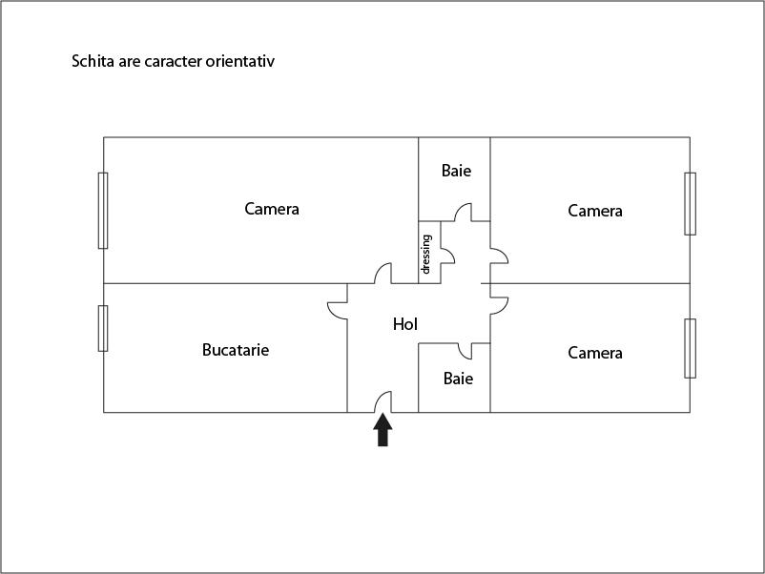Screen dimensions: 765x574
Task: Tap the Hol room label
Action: (405, 324)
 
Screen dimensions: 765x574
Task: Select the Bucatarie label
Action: (236, 350)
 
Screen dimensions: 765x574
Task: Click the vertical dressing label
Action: (426, 254)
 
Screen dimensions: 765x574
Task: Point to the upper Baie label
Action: (456, 171)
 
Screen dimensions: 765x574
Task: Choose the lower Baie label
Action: (458, 379)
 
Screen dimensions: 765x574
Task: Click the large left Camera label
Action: (272, 209)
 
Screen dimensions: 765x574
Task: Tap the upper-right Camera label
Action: (595, 211)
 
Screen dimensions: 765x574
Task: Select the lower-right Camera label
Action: (595, 353)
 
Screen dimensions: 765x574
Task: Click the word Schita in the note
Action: (93, 61)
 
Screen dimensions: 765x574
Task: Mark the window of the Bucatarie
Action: (103, 328)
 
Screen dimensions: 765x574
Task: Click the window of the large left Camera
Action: (103, 210)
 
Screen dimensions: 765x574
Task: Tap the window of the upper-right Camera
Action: (690, 203)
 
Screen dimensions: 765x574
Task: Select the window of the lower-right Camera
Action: (690, 348)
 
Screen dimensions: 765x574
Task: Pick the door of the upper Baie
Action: (465, 213)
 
